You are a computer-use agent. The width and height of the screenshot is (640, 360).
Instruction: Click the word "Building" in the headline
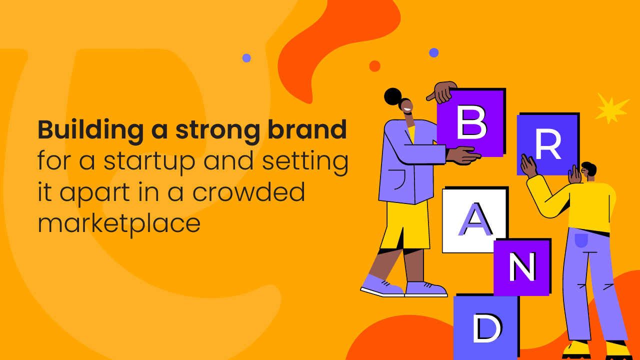click(91, 130)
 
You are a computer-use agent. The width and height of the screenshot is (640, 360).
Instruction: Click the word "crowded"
click(248, 192)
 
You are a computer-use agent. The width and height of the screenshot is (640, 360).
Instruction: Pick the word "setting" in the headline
click(305, 161)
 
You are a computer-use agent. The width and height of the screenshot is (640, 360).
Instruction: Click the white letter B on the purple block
click(471, 122)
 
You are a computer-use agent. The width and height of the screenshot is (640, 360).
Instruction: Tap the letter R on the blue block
click(548, 143)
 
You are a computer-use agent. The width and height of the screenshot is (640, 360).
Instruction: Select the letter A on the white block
click(475, 219)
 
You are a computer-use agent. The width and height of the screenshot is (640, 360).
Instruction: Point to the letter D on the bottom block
click(487, 327)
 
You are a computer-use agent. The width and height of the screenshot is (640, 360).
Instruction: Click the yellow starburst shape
click(611, 108)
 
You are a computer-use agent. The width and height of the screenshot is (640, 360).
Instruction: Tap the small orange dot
click(374, 66)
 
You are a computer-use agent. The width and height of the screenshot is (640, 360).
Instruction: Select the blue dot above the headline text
click(246, 58)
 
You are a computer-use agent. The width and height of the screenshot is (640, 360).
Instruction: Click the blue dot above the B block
click(433, 52)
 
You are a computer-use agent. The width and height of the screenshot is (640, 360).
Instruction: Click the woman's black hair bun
click(393, 96)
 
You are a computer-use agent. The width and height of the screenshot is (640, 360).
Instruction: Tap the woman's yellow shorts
click(405, 225)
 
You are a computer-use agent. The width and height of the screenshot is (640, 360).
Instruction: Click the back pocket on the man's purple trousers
click(581, 240)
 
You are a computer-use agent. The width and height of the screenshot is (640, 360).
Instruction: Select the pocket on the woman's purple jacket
click(398, 179)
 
